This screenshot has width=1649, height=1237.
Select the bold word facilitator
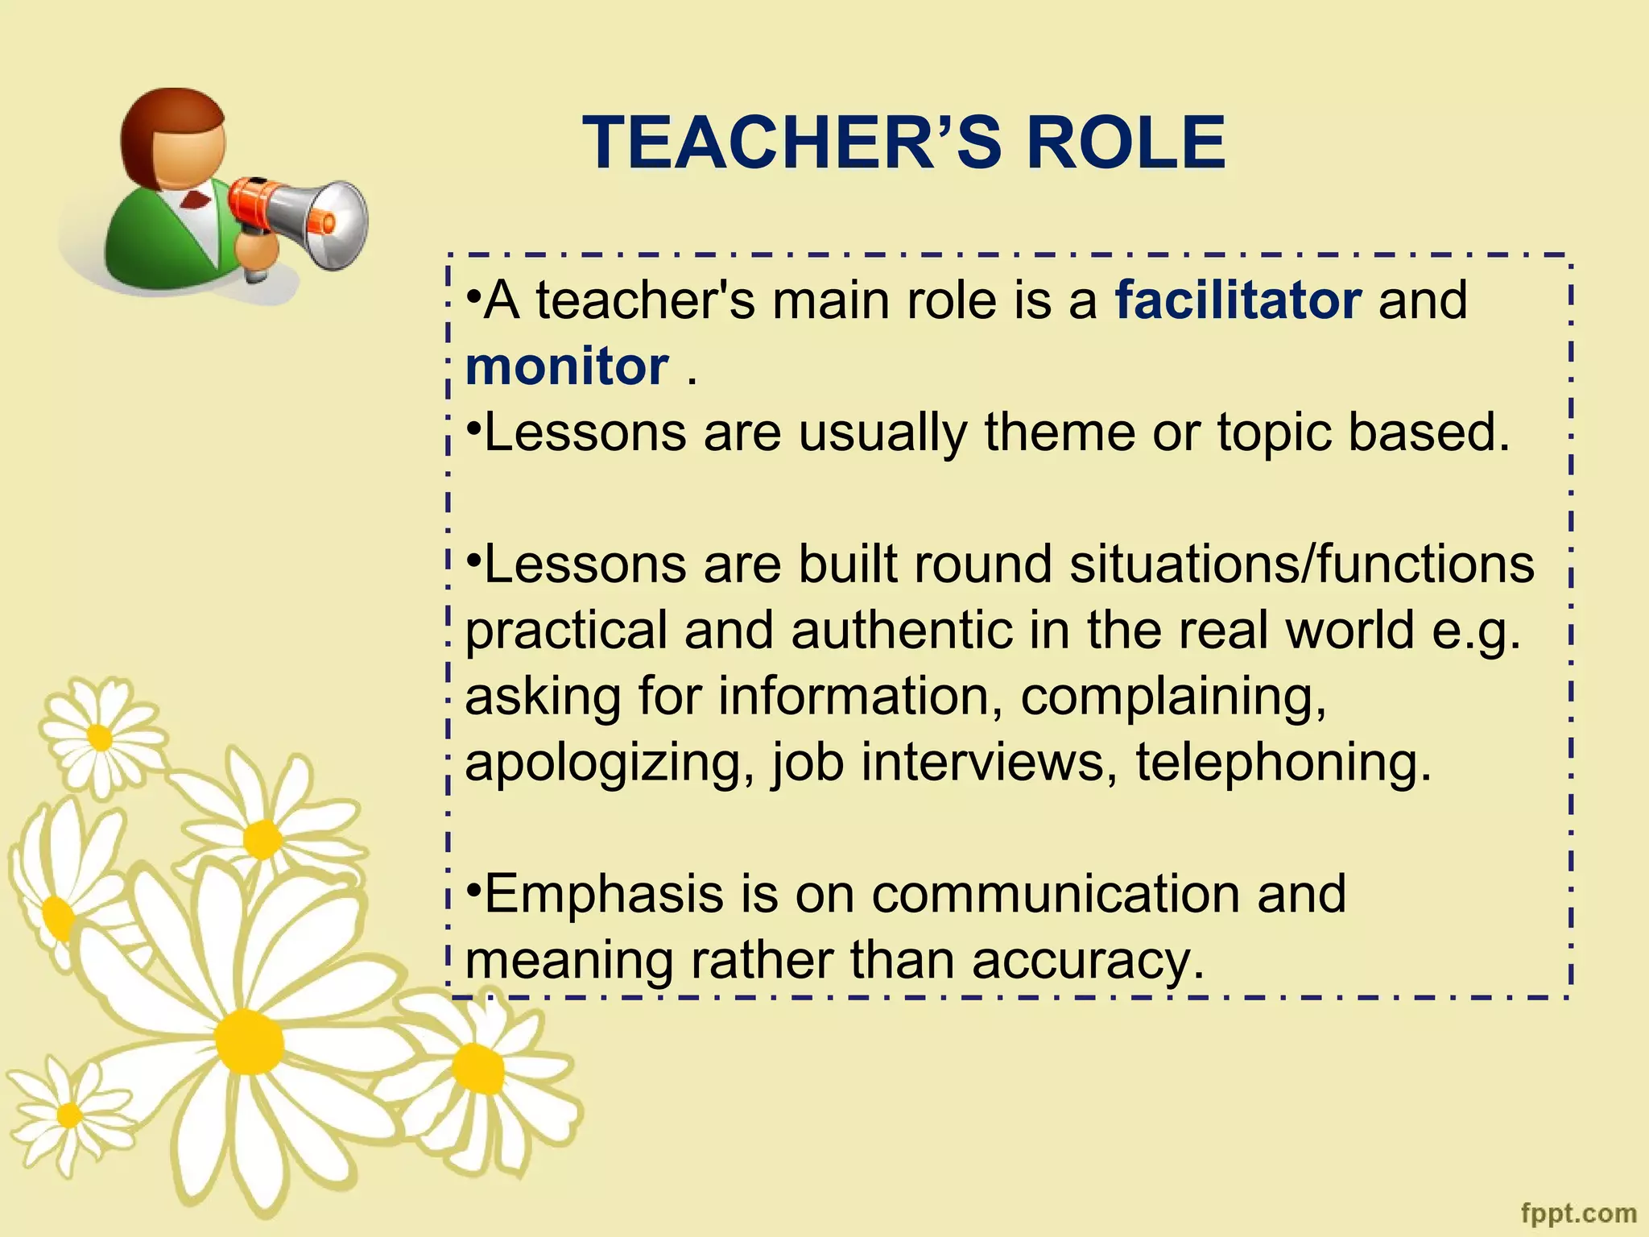[1238, 300]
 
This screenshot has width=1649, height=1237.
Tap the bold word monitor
[567, 366]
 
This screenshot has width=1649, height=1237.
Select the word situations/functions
[1302, 564]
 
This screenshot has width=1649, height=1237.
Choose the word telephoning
[1283, 762]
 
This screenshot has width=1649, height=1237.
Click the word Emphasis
[604, 894]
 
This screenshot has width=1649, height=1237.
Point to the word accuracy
[1087, 961]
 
